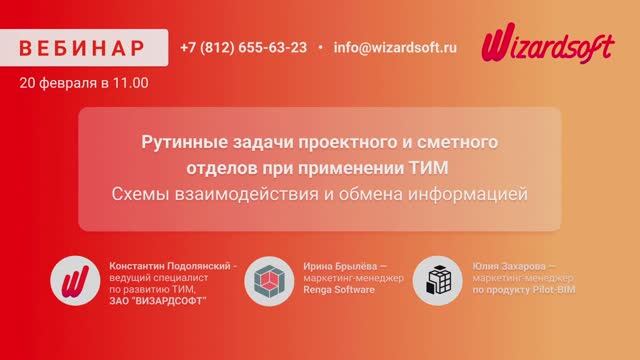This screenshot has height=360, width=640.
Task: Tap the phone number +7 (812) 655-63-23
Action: coord(244,47)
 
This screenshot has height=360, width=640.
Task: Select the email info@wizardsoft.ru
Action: coord(395,47)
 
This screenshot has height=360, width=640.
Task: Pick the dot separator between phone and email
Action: coord(320,47)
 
